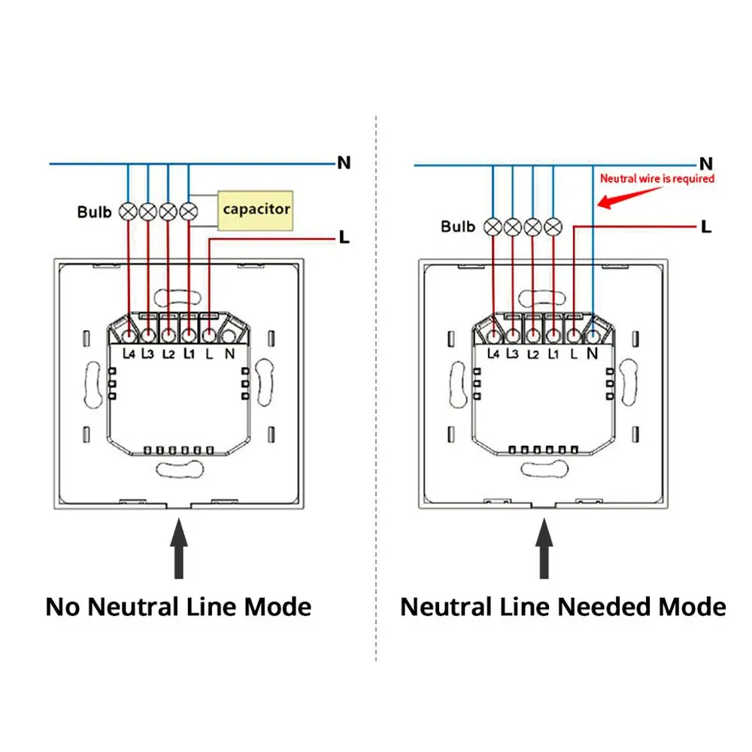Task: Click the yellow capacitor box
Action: [255, 211]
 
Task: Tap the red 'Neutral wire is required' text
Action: [657, 179]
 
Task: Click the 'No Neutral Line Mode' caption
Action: [178, 607]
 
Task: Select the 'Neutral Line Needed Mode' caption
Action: [563, 607]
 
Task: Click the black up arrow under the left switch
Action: [179, 548]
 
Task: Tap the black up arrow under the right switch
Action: [544, 548]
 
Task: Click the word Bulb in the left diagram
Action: [94, 212]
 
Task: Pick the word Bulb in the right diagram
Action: [458, 226]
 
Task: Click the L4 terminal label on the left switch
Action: [129, 354]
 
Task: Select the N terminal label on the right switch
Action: [593, 354]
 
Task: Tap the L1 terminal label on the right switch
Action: [553, 354]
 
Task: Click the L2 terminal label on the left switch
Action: [168, 354]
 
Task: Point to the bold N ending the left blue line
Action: [344, 163]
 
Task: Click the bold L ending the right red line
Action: [706, 226]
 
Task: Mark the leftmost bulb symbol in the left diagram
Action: [128, 211]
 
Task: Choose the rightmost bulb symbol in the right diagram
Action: [553, 227]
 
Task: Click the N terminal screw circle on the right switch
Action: [593, 335]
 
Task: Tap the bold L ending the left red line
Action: [344, 237]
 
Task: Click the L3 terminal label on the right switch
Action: [513, 354]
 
